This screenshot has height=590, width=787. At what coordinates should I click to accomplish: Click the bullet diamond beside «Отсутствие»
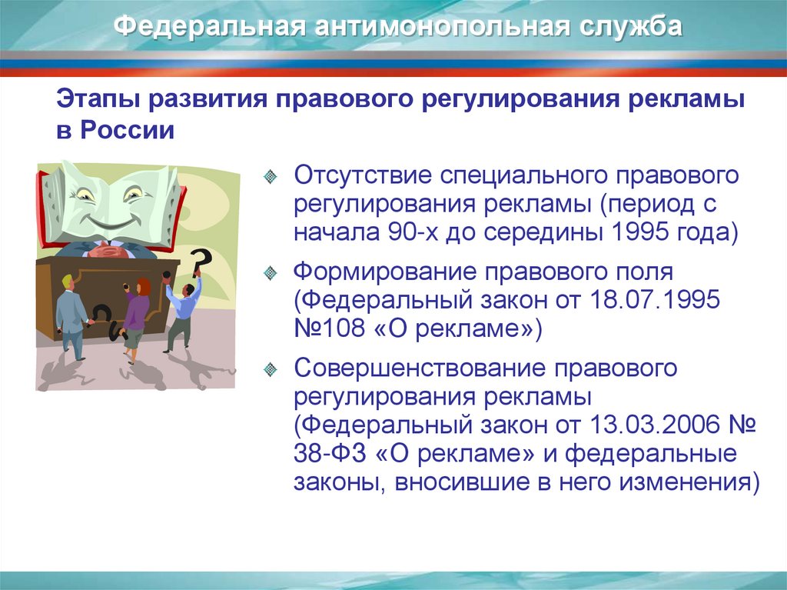pyautogui.click(x=270, y=175)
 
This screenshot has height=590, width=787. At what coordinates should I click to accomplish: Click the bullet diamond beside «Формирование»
pyautogui.click(x=270, y=272)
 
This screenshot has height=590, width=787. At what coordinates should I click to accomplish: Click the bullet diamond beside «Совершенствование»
pyautogui.click(x=270, y=369)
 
